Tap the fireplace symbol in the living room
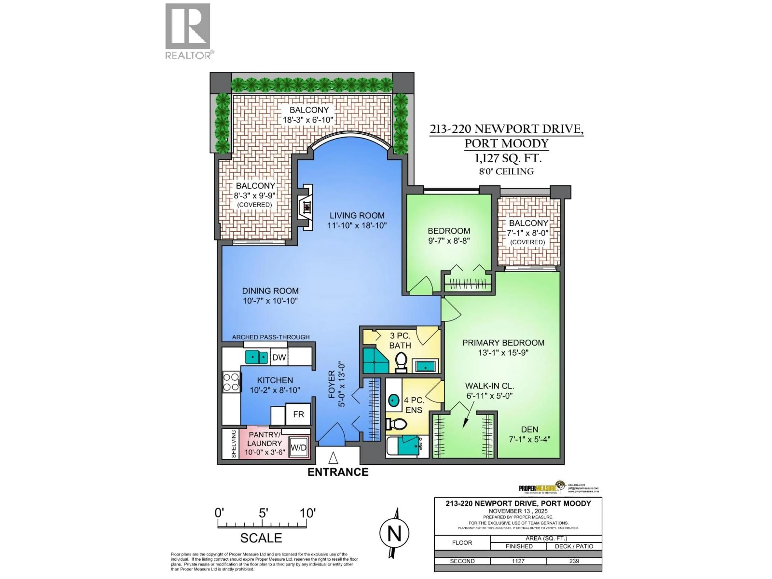(x=306, y=207)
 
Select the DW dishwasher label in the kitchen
(x=279, y=357)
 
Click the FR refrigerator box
(x=298, y=414)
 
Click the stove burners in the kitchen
(x=231, y=382)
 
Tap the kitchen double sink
(x=257, y=357)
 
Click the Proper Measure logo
(x=541, y=488)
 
